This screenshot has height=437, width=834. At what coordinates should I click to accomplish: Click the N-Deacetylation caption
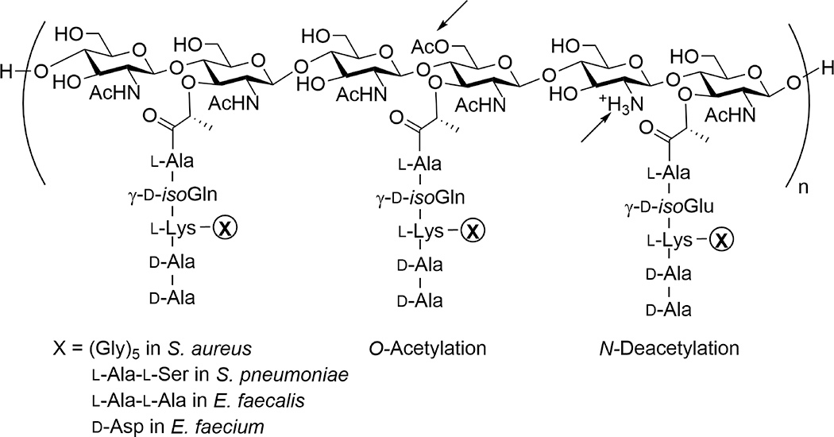674,349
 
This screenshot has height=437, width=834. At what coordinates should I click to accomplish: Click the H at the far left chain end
9,71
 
